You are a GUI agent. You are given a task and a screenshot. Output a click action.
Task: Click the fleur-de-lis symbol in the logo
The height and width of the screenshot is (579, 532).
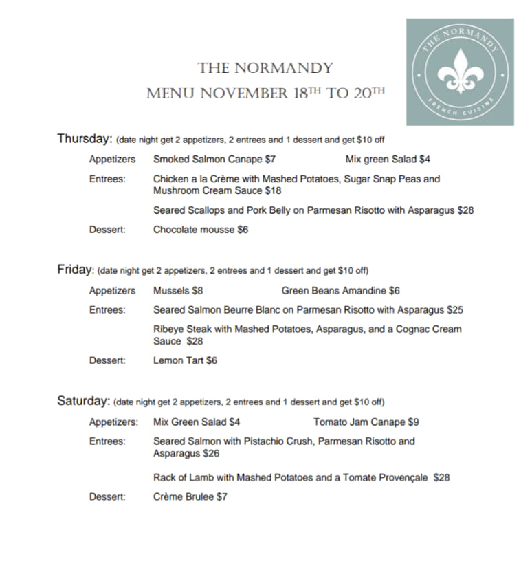pos(460,72)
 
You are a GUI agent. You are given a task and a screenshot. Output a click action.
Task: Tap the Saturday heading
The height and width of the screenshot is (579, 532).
pos(83,401)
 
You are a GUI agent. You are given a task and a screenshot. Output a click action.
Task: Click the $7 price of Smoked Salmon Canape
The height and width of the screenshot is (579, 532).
pos(270,160)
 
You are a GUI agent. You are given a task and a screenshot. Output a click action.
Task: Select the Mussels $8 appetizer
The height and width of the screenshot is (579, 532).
pos(178,291)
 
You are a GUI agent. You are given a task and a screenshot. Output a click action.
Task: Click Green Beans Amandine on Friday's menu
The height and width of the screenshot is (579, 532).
pos(340,291)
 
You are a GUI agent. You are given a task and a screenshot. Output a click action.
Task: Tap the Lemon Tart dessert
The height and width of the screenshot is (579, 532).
pos(185,360)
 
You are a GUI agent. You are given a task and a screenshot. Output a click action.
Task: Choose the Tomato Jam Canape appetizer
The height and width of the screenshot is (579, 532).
pos(366,422)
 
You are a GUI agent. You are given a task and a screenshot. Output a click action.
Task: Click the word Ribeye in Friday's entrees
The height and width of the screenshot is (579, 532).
pos(169,329)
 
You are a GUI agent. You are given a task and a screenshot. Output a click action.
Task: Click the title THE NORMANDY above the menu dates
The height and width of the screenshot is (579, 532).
pos(265,68)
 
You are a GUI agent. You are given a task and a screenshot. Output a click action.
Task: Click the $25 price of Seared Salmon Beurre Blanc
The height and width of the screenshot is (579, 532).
pos(455,310)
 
